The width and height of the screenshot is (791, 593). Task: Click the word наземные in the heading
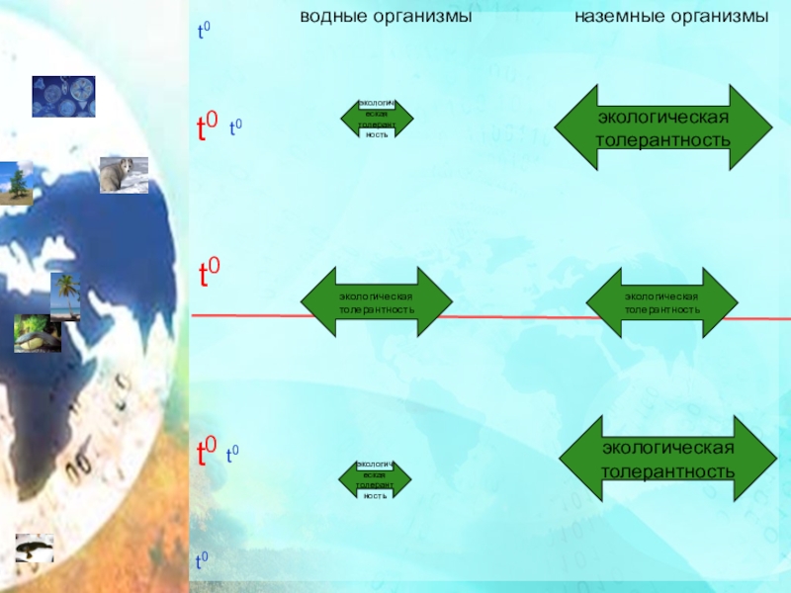tap(613, 18)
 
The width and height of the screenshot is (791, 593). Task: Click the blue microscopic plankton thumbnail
tap(63, 97)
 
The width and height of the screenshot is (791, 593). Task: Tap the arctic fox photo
tap(124, 175)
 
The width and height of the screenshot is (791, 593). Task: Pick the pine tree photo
tap(16, 184)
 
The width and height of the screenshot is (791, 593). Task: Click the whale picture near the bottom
tap(34, 549)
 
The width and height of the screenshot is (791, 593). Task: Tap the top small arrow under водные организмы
tap(377, 118)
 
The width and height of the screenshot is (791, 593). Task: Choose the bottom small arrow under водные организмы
tap(375, 479)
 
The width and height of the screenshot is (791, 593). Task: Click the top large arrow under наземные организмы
tap(662, 128)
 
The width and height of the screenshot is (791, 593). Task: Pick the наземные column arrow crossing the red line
tap(661, 302)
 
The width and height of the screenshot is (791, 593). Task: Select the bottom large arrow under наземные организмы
tap(668, 460)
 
